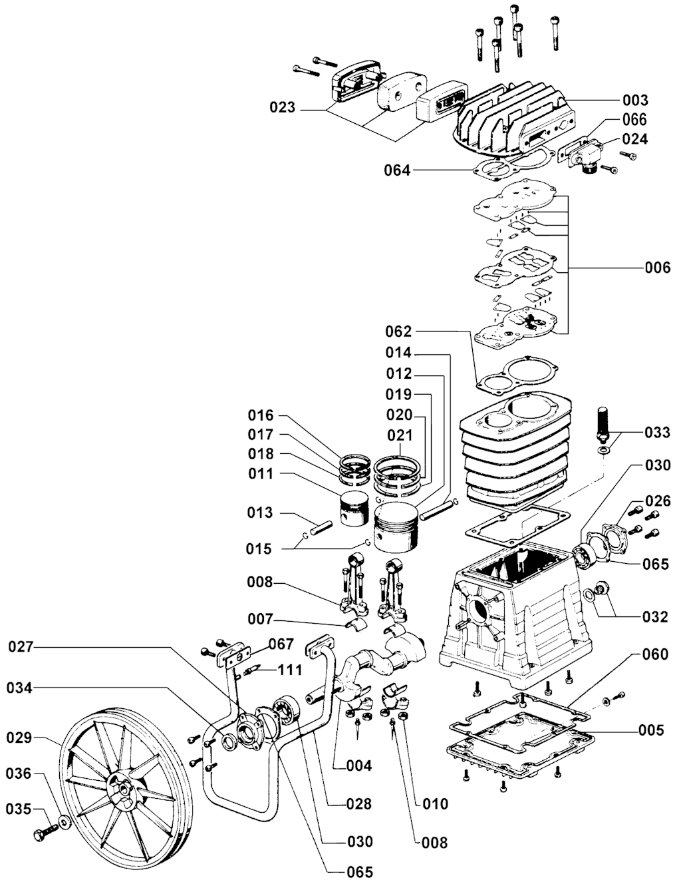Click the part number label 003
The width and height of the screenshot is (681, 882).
[x=635, y=100]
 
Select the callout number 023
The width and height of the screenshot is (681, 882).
[x=282, y=107]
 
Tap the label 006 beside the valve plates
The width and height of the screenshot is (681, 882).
[x=658, y=268]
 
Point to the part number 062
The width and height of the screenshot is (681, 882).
[x=399, y=331]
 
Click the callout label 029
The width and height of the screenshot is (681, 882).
[x=19, y=738]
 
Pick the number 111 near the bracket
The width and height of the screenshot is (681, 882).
[x=289, y=670]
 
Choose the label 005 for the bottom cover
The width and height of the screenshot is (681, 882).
[x=651, y=731]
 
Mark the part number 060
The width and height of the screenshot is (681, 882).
[x=655, y=655]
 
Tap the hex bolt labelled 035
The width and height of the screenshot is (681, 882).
[x=45, y=832]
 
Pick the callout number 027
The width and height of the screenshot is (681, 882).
[x=21, y=646]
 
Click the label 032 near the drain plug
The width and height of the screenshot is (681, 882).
[x=655, y=617]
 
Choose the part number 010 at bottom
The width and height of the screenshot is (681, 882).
[x=436, y=803]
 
